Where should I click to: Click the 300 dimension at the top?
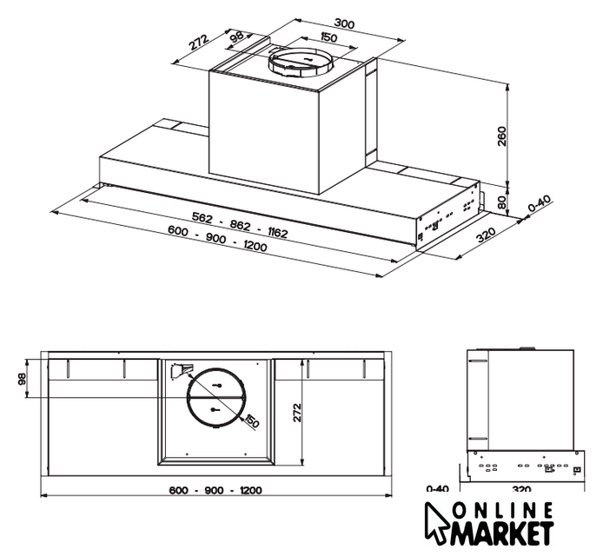[x=344, y=24]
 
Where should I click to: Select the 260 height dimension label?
[x=502, y=136]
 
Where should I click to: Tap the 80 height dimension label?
[x=502, y=202]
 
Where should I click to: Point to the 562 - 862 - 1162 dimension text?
[x=239, y=225]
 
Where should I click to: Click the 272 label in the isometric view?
[x=199, y=43]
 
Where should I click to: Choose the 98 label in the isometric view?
[x=237, y=36]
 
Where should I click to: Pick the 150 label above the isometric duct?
[x=328, y=37]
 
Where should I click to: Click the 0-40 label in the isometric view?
[x=540, y=204]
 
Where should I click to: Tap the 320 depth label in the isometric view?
[x=486, y=235]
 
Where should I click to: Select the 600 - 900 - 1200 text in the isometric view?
[x=217, y=239]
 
